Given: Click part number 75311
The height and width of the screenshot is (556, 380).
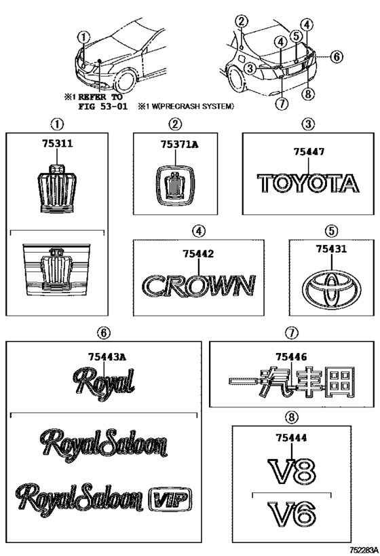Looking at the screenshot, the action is pos(58,144).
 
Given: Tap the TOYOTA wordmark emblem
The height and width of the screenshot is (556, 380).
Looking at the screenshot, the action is pos(308,183).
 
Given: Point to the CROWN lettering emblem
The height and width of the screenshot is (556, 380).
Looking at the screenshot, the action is pos(199,285).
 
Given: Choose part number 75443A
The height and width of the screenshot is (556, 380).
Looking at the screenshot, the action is pos(107,357).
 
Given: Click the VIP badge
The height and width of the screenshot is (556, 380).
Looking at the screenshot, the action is pos(170,499).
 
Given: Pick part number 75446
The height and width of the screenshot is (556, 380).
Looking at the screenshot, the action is pos(291,356).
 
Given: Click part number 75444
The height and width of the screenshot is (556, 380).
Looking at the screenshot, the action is pos(291,439).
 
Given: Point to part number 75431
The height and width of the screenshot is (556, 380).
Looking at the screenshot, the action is pos(331,249).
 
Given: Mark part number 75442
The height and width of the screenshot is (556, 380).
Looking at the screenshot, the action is pos(199,254).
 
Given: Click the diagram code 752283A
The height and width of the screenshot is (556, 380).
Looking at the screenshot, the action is pos(364,551).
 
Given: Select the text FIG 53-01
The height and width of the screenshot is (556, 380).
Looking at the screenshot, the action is pos(102,106).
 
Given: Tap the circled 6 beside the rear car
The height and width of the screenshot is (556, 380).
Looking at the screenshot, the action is pos(337,56).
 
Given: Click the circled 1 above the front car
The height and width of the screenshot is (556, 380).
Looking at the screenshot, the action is pos(84,37).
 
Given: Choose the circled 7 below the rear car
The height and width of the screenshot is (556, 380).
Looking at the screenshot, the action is pos(282,104).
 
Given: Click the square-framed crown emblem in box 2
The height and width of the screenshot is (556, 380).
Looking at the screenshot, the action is pos(176,186).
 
